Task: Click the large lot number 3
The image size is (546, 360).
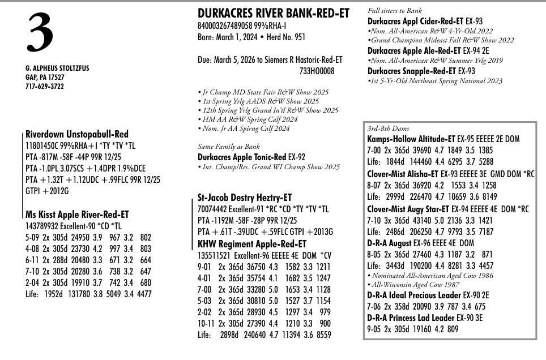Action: click(x=39, y=33)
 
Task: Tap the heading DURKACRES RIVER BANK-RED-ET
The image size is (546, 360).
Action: click(x=274, y=13)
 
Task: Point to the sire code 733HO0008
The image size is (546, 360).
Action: click(x=317, y=71)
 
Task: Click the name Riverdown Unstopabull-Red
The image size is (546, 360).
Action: click(x=77, y=135)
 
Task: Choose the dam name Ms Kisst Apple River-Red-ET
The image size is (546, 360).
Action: click(x=77, y=215)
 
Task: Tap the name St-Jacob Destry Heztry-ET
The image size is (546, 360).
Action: click(x=245, y=198)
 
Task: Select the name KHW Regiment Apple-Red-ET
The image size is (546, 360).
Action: click(x=252, y=244)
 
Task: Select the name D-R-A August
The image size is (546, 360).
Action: click(x=390, y=243)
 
